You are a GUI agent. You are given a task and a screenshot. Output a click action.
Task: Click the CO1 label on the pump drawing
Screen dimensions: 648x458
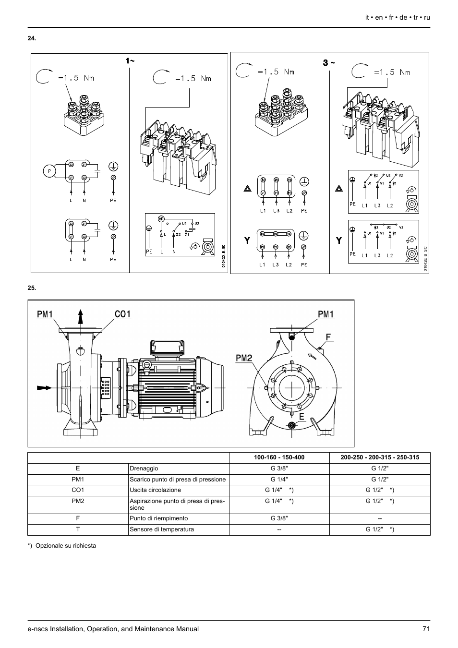122,314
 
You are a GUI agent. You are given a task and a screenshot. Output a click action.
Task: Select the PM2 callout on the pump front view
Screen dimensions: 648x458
244,358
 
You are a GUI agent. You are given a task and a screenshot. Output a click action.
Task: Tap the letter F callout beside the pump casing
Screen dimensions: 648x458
328,337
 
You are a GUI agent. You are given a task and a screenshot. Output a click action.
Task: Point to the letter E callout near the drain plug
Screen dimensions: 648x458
301,417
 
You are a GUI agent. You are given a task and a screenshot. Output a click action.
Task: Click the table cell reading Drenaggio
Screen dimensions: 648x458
144,468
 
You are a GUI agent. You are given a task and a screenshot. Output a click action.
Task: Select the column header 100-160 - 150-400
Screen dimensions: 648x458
279,457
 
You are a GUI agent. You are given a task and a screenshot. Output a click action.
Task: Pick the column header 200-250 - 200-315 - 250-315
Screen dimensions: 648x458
379,457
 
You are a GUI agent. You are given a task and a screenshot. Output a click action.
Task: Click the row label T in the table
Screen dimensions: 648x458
78,529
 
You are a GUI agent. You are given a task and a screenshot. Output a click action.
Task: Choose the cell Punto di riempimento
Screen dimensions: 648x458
158,518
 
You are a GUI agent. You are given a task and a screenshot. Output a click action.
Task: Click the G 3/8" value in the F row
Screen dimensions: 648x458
279,518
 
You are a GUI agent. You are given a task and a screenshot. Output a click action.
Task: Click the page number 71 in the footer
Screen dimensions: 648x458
426,629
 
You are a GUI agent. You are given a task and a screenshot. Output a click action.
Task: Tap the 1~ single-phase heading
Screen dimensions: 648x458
130,61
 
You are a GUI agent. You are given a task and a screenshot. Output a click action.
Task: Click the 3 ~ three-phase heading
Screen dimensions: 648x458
329,63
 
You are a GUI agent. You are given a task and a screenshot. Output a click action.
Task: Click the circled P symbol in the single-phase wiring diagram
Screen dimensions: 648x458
48,170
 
